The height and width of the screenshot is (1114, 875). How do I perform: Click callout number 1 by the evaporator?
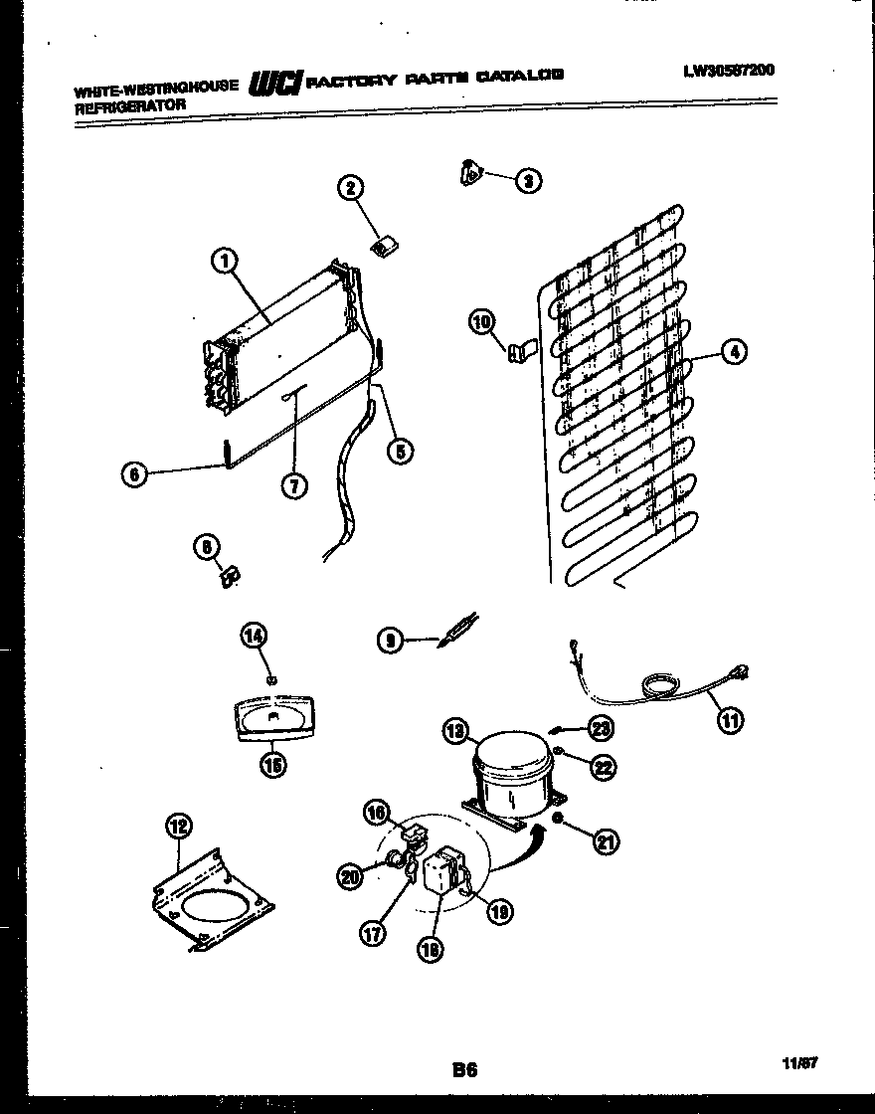[225, 262]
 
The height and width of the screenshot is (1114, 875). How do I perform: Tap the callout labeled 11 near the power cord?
[730, 721]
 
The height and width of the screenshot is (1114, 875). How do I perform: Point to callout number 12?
[179, 826]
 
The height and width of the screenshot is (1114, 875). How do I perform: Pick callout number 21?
[604, 842]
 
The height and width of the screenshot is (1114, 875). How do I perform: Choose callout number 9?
[391, 643]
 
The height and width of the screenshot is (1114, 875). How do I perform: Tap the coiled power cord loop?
[659, 684]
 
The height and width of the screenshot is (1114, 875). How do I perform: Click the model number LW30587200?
[728, 70]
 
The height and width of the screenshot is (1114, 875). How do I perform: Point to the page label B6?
[464, 1070]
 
